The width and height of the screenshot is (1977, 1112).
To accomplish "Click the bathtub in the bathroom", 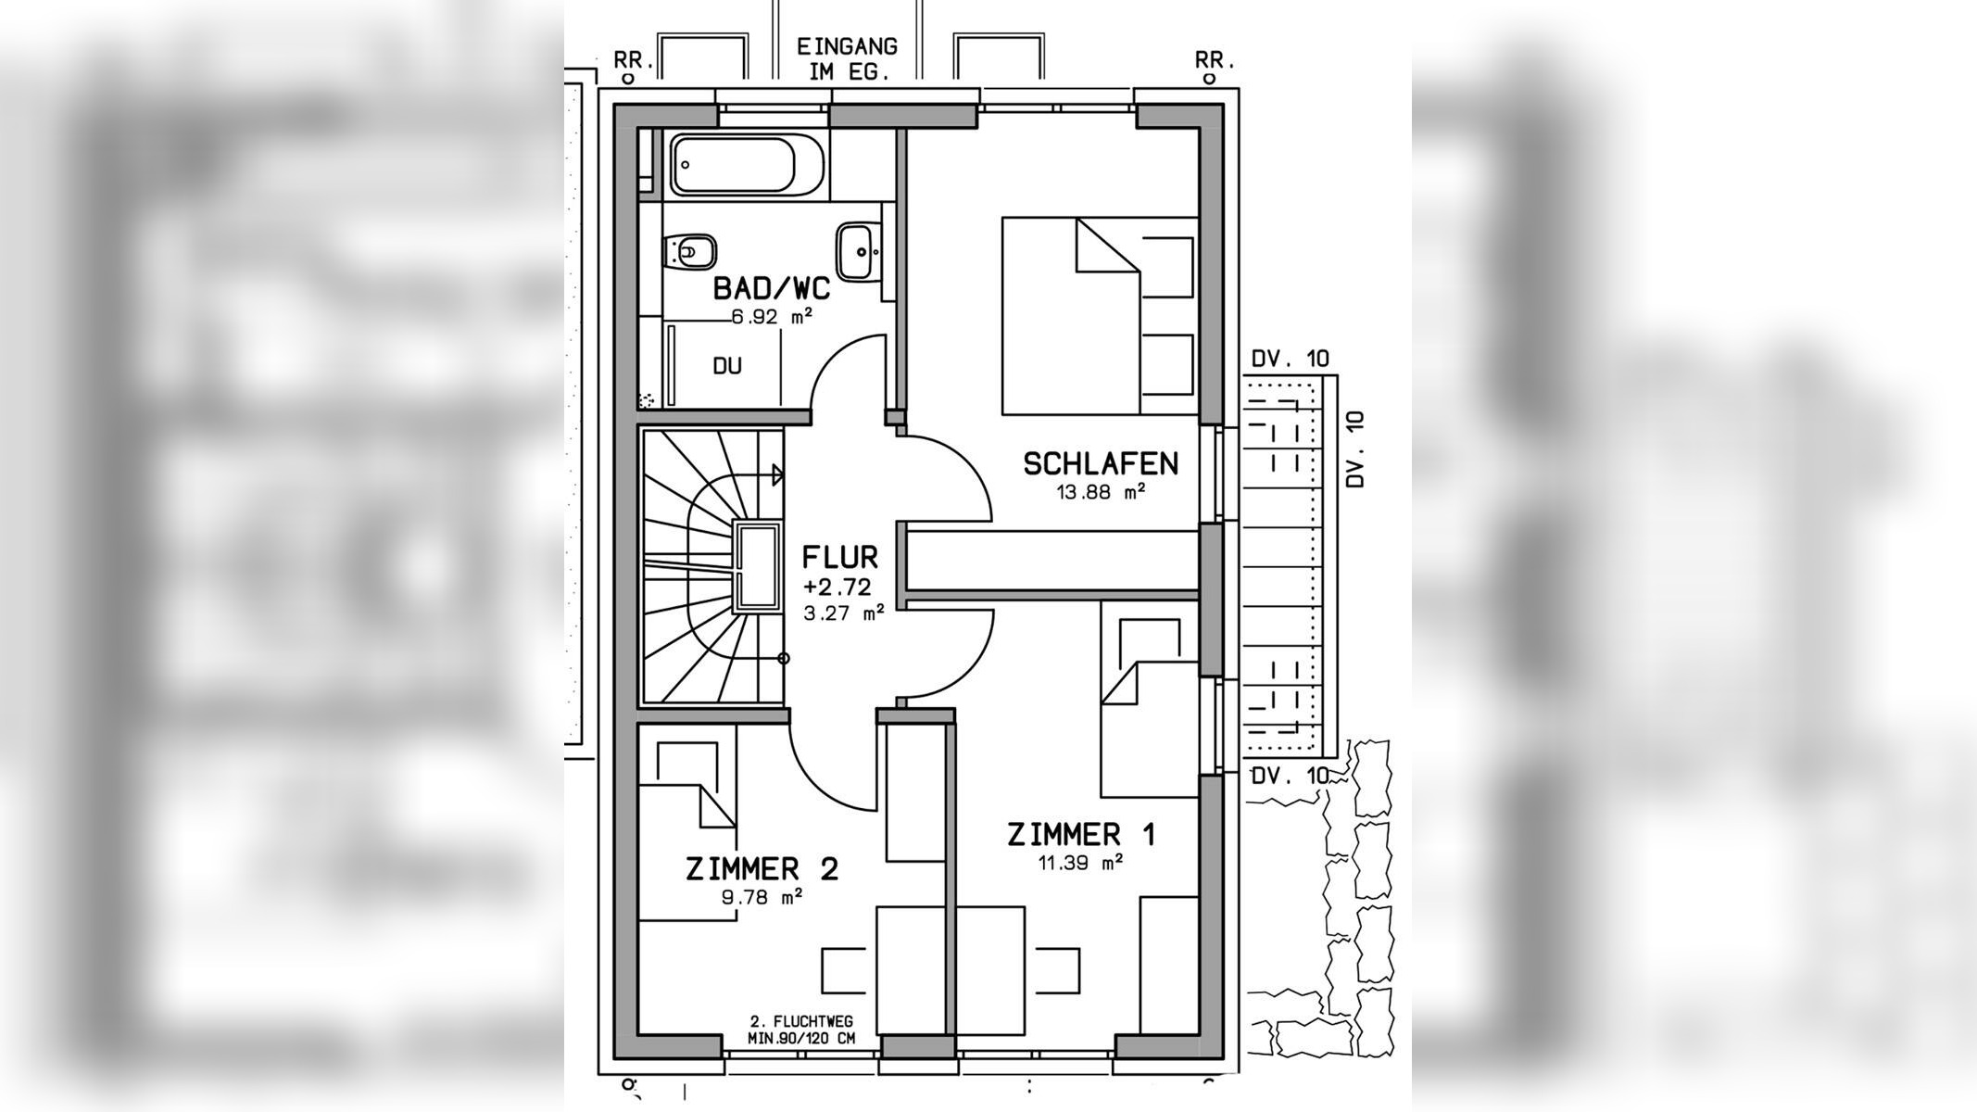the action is [x=747, y=165].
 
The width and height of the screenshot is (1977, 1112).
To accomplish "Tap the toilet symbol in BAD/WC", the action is [x=690, y=250].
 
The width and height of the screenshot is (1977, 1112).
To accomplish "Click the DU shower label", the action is [x=727, y=366].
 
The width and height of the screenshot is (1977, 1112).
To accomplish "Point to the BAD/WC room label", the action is [x=771, y=288].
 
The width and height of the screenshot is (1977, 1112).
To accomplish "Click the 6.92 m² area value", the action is [x=772, y=317].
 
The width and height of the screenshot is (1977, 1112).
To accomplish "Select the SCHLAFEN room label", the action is [x=1101, y=463].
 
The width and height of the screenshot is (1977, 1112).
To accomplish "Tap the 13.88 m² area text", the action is [x=1101, y=492].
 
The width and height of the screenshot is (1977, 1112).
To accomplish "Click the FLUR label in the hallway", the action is [x=839, y=557].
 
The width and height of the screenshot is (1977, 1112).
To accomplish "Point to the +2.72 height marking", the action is [x=837, y=587].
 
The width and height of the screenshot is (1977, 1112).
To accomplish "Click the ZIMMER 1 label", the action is [x=1081, y=835].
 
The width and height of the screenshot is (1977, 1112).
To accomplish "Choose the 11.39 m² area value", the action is [x=1080, y=864].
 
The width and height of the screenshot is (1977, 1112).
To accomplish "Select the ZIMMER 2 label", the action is [x=762, y=869].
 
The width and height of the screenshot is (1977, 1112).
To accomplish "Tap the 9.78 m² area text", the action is [x=762, y=897].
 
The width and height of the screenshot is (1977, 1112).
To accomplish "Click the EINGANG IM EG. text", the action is [x=847, y=59].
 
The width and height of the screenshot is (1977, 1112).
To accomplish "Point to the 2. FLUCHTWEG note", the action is [x=801, y=1021].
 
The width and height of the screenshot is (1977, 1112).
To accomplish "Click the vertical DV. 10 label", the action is [x=1355, y=450].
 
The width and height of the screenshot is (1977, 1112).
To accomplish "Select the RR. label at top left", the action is [x=635, y=60].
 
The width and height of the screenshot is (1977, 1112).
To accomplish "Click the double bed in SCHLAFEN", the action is [x=1100, y=316].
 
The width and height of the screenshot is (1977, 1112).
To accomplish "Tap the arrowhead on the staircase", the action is [x=778, y=475].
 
